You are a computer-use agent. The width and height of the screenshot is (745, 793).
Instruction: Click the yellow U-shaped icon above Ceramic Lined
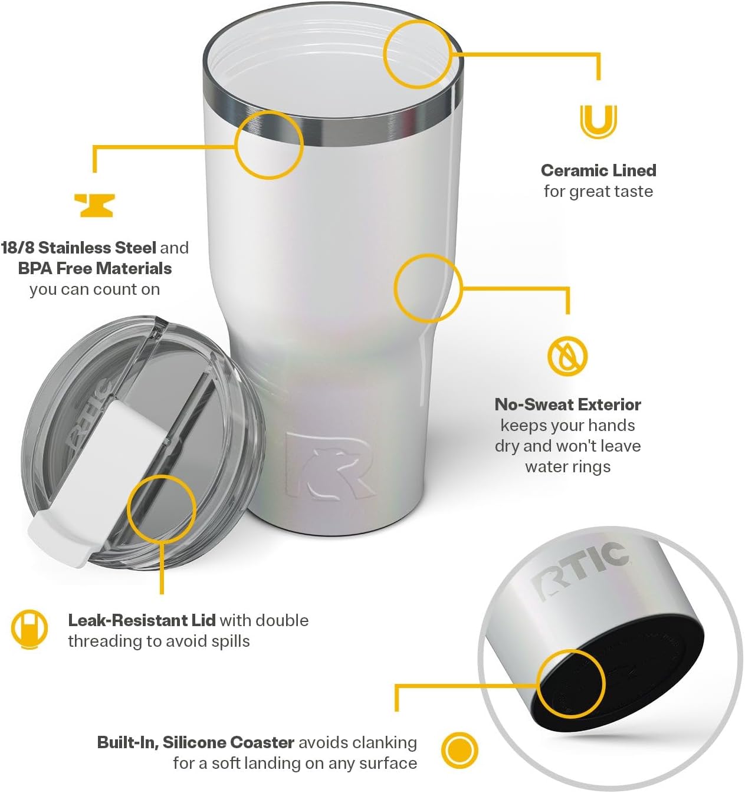click(598, 121)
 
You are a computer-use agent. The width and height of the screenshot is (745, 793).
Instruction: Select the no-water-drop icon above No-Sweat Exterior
click(567, 356)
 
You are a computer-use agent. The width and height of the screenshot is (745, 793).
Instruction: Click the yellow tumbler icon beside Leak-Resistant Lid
click(29, 629)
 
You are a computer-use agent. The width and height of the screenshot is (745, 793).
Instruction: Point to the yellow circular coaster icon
click(460, 751)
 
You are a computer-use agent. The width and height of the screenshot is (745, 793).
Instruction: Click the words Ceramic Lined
click(598, 170)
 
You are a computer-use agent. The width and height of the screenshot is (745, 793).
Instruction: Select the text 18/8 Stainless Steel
click(78, 248)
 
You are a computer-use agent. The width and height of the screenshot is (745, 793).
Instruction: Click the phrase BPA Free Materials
click(94, 268)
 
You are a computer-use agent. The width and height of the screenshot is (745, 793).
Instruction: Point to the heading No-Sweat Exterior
click(567, 404)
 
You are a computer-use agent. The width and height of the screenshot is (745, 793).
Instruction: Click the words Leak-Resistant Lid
click(142, 620)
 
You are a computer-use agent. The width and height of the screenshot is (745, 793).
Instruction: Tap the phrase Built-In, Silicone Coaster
click(195, 742)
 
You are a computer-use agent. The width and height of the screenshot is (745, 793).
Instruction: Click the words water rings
click(567, 467)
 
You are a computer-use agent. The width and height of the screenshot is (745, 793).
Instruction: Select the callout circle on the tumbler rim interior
click(418, 54)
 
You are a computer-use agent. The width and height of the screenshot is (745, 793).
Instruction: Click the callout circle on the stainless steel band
click(269, 144)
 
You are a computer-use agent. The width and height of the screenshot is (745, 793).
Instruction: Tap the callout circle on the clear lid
click(161, 508)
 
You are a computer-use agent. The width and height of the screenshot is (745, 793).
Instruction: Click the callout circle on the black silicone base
click(571, 684)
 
